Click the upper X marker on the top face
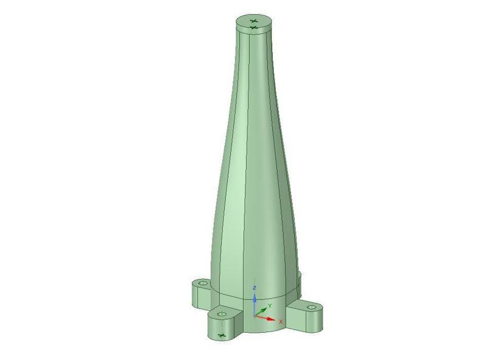point(254,21)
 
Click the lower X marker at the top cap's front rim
point(254,28)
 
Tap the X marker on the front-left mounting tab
point(221,335)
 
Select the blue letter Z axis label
point(255,288)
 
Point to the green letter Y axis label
point(270,306)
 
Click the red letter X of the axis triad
point(281,322)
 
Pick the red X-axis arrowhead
point(271,319)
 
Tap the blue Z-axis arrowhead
point(255,299)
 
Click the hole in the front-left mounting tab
point(221,314)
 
